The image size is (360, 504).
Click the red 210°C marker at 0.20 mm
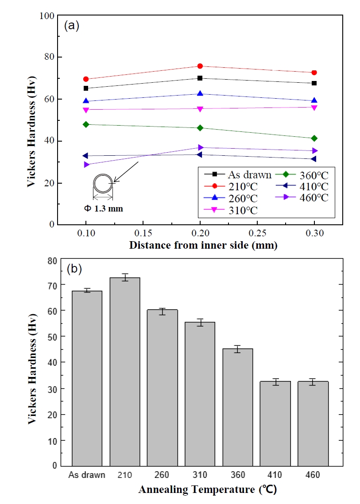click(200, 66)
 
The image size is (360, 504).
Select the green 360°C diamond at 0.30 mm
click(314, 139)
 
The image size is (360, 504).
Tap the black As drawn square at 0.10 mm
click(85, 88)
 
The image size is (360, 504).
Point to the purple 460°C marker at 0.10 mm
click(85, 165)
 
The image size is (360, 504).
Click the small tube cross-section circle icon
click(103, 183)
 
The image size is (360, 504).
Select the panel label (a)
click(71, 26)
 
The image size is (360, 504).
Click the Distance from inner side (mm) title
click(203, 245)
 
